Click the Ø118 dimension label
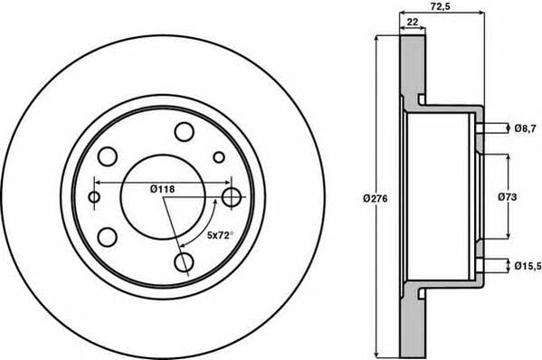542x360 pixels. click(163, 189)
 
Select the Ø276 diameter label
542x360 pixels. click(376, 199)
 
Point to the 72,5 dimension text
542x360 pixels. click(442, 5)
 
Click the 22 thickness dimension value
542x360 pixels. click(413, 22)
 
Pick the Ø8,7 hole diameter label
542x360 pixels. click(525, 128)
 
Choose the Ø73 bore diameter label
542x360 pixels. click(508, 197)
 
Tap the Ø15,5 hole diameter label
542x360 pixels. click(528, 266)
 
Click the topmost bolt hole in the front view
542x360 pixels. click(184, 132)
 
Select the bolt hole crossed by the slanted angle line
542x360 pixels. click(183, 262)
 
